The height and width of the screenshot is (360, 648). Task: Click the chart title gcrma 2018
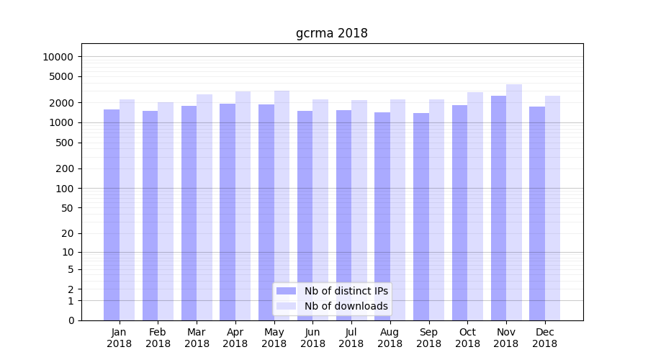click(331, 34)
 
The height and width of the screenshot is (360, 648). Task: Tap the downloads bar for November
click(514, 202)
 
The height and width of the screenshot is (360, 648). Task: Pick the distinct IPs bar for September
click(421, 217)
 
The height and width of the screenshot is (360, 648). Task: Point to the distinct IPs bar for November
click(498, 208)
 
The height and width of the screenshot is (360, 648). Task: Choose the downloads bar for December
click(553, 208)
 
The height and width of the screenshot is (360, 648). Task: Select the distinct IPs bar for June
click(305, 215)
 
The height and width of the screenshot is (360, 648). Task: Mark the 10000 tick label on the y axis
click(58, 57)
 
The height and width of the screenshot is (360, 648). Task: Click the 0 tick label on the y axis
click(71, 320)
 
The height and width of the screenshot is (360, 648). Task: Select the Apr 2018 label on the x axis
click(235, 338)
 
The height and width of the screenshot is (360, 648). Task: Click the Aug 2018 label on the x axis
click(390, 338)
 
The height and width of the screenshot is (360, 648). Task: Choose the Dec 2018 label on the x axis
click(545, 338)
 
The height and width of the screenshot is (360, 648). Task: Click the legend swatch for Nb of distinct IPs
click(287, 291)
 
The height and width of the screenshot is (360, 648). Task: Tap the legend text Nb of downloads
click(346, 306)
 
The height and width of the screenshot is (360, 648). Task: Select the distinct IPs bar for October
click(459, 212)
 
